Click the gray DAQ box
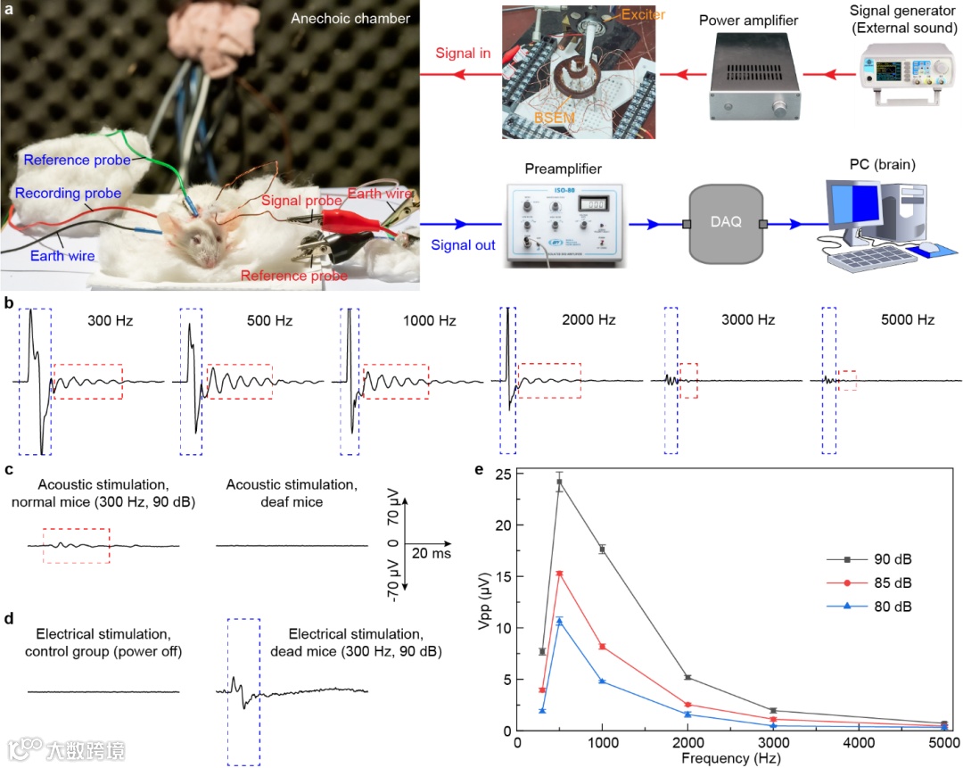pos(725,222)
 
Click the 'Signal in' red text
pos(463,54)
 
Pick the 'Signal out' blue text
pos(463,244)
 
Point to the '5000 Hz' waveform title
pos(907,319)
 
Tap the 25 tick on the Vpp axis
pos(505,474)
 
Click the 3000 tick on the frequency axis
pos(773,744)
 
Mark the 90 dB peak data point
pos(560,483)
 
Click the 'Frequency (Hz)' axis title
pos(731,758)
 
